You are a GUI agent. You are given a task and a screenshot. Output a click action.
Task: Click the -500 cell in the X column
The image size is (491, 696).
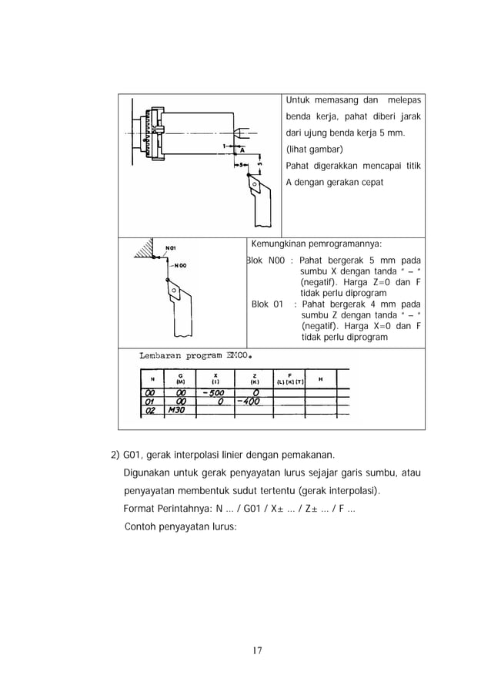[209, 392]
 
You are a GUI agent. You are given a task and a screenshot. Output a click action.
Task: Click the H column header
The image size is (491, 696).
[319, 377]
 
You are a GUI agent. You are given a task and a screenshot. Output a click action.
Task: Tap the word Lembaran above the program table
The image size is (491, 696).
[163, 356]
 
